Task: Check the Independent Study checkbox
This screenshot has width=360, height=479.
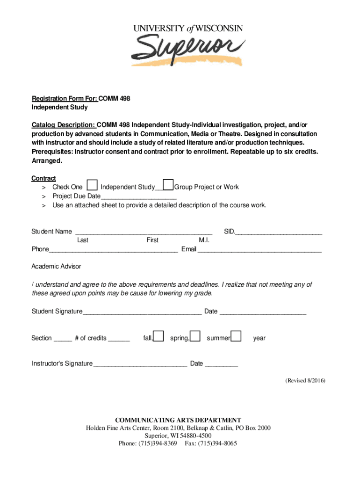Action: click(93, 186)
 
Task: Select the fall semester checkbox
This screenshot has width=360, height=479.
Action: click(159, 336)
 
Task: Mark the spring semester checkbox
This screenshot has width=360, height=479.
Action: click(195, 336)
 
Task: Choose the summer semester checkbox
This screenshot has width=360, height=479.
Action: click(237, 336)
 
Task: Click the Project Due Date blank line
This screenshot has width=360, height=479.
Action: click(138, 198)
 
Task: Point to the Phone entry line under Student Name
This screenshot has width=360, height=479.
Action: click(113, 251)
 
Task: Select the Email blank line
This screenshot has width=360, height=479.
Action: click(259, 251)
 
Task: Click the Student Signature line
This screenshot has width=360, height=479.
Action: click(142, 313)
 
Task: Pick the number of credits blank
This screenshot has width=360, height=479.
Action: click(119, 340)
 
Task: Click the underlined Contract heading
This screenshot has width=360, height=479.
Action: click(43, 178)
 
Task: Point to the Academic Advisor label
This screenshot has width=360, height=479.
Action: click(56, 266)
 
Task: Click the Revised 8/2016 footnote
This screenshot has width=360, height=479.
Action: click(305, 381)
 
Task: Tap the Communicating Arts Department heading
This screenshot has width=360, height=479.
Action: click(178, 420)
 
